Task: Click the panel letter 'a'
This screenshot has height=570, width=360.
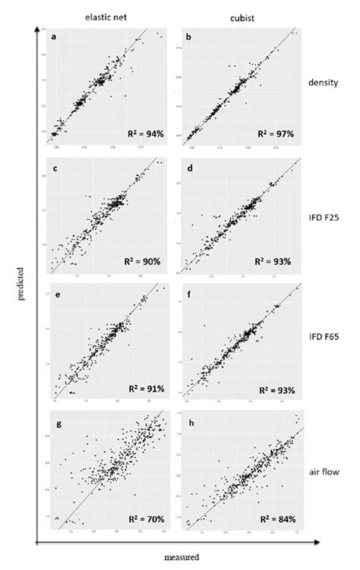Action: coord(52,36)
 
